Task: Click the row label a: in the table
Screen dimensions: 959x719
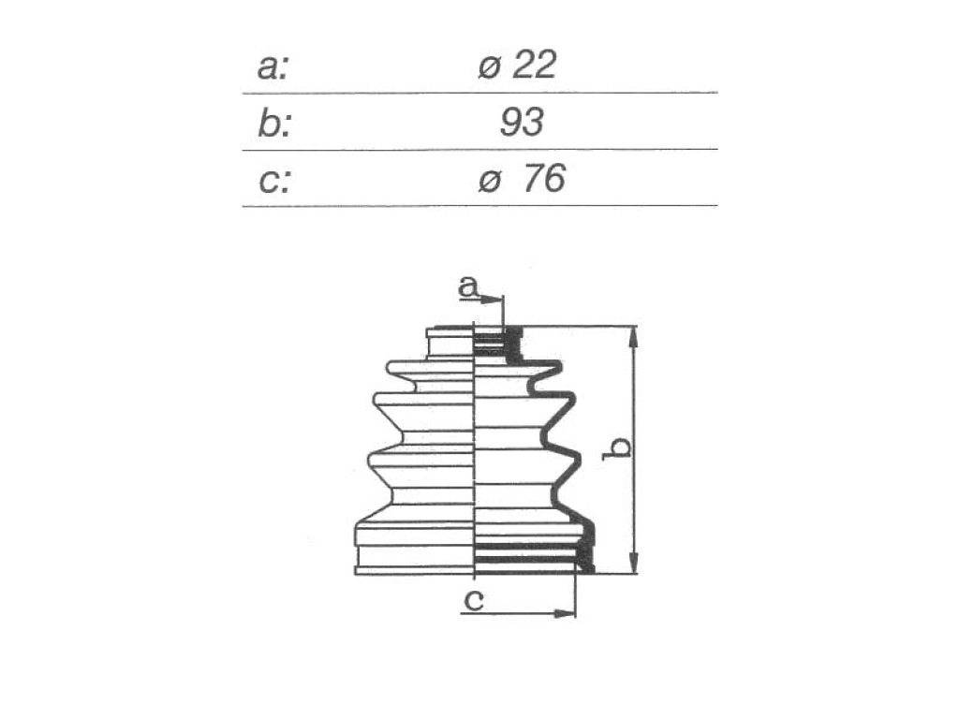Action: [273, 67]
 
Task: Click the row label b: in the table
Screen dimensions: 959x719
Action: [274, 123]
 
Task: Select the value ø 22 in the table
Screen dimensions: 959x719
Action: [517, 65]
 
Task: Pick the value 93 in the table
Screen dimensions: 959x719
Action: [522, 122]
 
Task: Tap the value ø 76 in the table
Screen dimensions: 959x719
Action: [522, 179]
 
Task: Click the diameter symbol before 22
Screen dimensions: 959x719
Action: [490, 66]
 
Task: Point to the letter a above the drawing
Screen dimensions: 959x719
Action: [467, 286]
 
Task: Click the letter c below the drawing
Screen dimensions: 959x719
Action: [474, 600]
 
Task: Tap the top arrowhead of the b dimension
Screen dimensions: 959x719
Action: [634, 338]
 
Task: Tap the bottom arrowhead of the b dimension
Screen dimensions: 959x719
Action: [634, 562]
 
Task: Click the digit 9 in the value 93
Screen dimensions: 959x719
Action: [511, 122]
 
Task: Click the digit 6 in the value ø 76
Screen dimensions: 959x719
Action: [554, 179]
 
